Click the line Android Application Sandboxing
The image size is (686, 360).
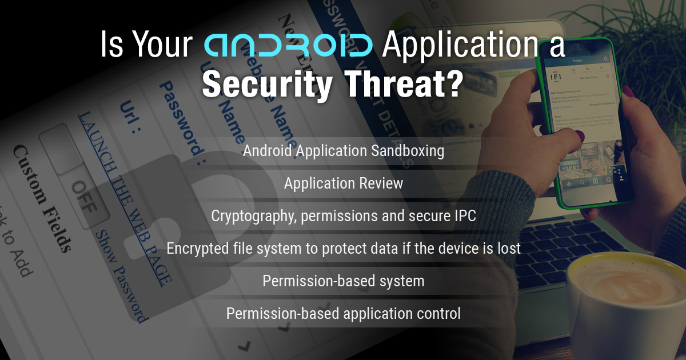pos(343,151)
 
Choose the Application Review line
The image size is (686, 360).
pos(343,183)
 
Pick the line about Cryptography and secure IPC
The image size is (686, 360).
pos(343,216)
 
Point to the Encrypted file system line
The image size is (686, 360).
pos(343,249)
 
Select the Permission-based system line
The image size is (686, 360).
pos(343,281)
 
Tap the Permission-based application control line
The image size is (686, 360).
pos(343,314)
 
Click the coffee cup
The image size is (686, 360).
pos(623,303)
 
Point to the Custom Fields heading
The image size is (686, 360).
pos(43,197)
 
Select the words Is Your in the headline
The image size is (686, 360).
pos(146,46)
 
